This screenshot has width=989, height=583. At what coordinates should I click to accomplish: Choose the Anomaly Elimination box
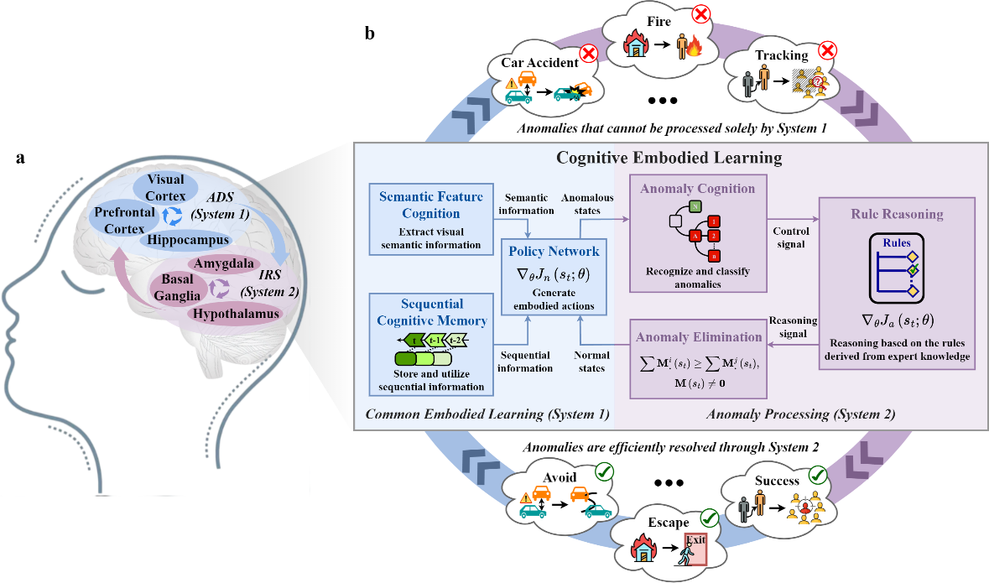pos(698,361)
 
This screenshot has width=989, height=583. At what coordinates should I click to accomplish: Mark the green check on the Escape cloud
pos(711,518)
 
